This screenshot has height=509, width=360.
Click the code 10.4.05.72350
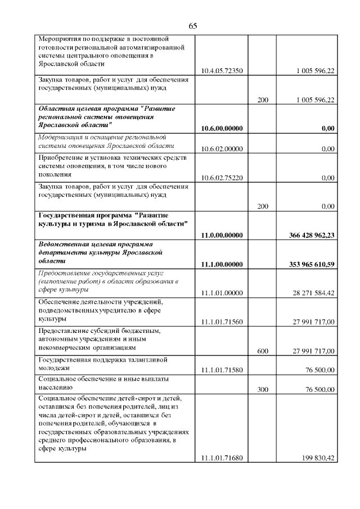click(x=222, y=71)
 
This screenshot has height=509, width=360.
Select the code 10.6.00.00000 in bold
click(x=222, y=129)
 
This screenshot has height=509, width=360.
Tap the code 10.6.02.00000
click(x=222, y=148)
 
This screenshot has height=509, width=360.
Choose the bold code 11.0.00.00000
click(x=222, y=236)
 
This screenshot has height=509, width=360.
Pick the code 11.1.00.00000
click(x=222, y=264)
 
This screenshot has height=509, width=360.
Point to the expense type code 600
click(x=262, y=351)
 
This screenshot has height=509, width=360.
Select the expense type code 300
click(x=262, y=390)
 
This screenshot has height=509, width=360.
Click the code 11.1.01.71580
click(x=222, y=370)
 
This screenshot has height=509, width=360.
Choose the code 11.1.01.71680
click(x=222, y=458)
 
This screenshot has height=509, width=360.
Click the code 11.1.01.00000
click(x=222, y=293)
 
